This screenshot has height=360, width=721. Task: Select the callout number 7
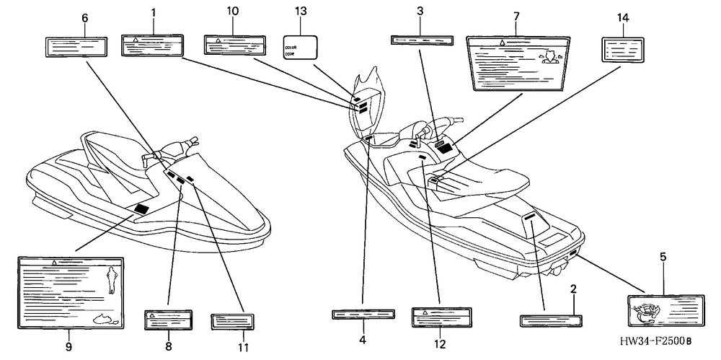click(517, 15)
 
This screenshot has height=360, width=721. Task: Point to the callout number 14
click(623, 16)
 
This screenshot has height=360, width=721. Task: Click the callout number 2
click(573, 289)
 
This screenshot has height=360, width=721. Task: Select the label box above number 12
click(441, 317)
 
